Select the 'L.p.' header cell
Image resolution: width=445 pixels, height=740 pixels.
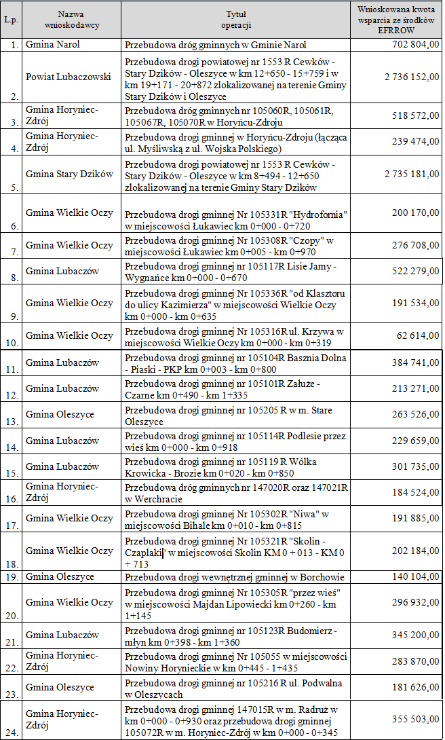pyautogui.click(x=11, y=19)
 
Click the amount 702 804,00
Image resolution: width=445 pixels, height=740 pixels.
pyautogui.click(x=415, y=45)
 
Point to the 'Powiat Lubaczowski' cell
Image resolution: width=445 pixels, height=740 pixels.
pyautogui.click(x=68, y=77)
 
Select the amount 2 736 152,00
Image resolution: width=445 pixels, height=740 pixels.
pyautogui.click(x=411, y=77)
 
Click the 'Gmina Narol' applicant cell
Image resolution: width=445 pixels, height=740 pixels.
pyautogui.click(x=53, y=45)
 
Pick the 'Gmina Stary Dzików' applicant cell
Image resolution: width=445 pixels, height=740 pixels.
pyautogui.click(x=69, y=174)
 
